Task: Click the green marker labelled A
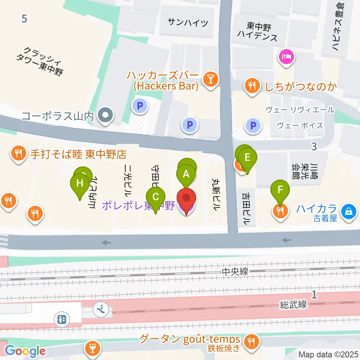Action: (x=186, y=175)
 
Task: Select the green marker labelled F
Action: (x=280, y=190)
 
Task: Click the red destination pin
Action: (x=186, y=199)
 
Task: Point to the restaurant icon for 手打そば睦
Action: (x=18, y=153)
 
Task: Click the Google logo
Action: (x=25, y=351)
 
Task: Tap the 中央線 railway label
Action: (x=235, y=272)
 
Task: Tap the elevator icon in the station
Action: (x=62, y=319)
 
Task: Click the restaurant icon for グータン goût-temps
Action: (x=250, y=341)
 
